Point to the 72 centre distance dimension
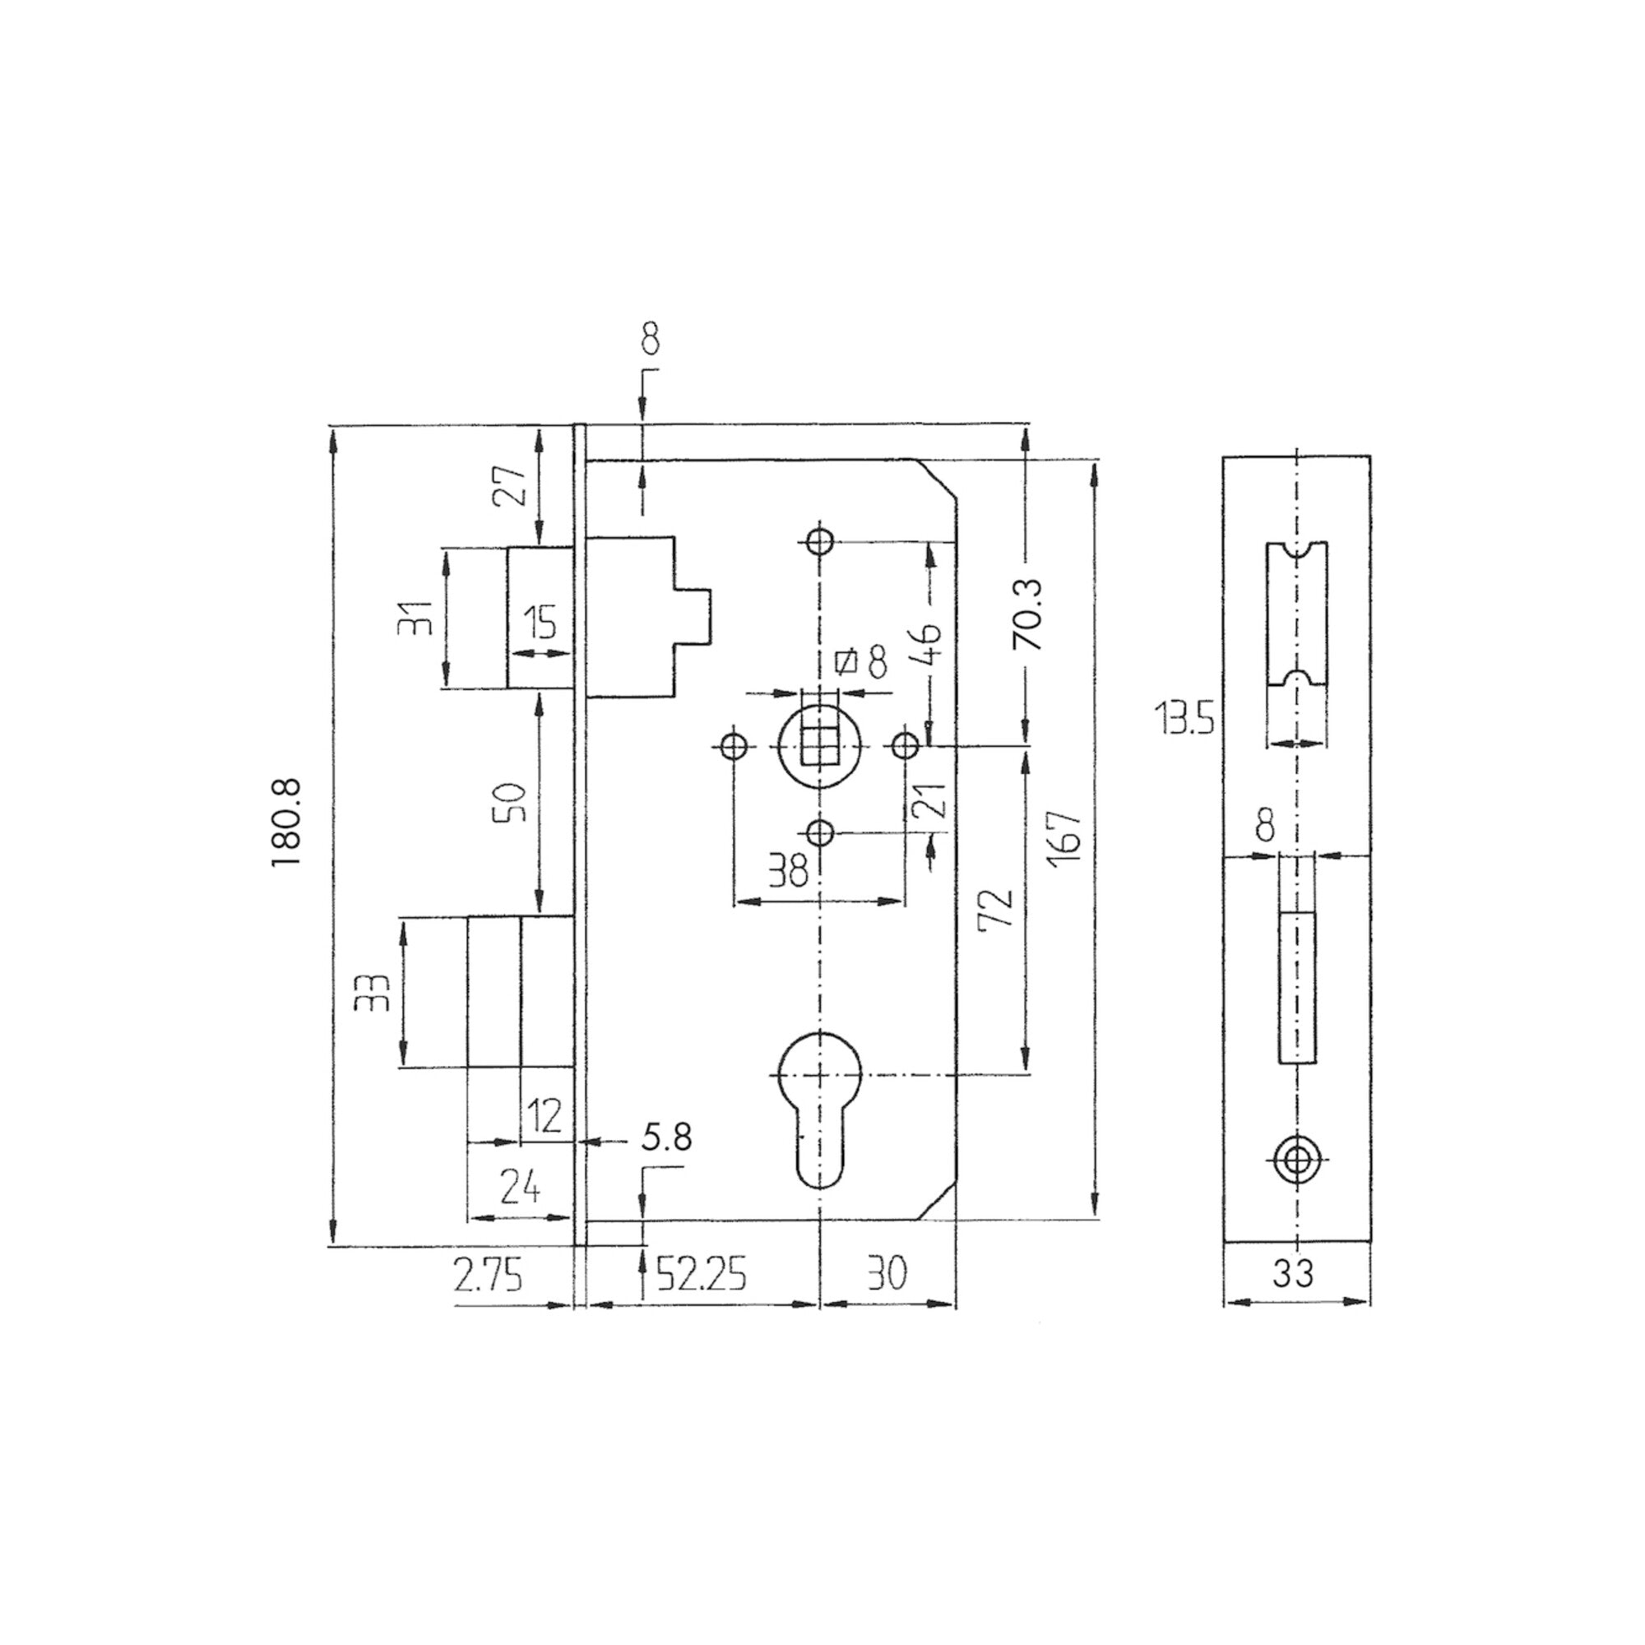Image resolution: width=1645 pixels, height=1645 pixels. (997, 910)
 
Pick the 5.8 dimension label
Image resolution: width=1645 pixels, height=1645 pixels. (666, 1137)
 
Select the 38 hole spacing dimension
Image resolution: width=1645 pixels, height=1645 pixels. (788, 872)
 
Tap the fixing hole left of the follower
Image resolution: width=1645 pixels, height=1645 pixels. (733, 747)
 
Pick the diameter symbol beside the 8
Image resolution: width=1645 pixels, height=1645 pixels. (846, 660)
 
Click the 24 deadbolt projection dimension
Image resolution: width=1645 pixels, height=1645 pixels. (519, 1186)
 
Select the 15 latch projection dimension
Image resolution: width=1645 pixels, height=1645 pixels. (540, 623)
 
